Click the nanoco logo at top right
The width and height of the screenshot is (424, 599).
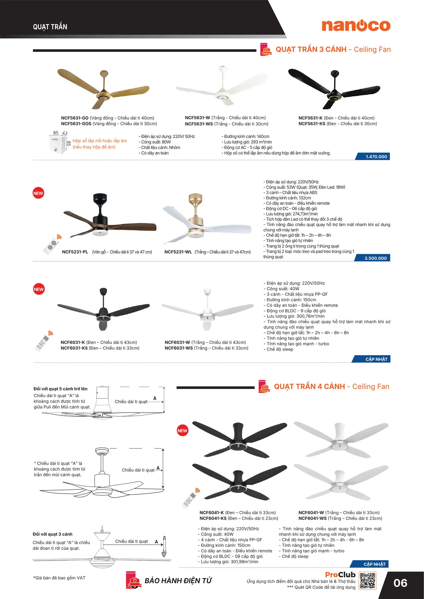356,26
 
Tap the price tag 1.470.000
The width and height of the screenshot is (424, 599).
376,157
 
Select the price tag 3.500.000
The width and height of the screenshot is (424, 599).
375,258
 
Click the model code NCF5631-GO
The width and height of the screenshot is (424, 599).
75,118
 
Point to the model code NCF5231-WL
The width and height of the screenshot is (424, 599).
178,252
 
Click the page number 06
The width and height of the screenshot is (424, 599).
400,583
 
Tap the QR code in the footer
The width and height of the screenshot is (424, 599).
367,581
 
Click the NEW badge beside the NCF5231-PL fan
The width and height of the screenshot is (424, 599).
38,193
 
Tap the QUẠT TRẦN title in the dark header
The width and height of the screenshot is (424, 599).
50,27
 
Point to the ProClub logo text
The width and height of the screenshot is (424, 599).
340,575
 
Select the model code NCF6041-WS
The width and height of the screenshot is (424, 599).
312,518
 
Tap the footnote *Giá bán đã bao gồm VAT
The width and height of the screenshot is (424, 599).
59,578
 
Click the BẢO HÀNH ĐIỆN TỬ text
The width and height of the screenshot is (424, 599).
178,581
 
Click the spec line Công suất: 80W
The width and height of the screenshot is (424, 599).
155,142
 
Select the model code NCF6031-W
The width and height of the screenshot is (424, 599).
177,342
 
